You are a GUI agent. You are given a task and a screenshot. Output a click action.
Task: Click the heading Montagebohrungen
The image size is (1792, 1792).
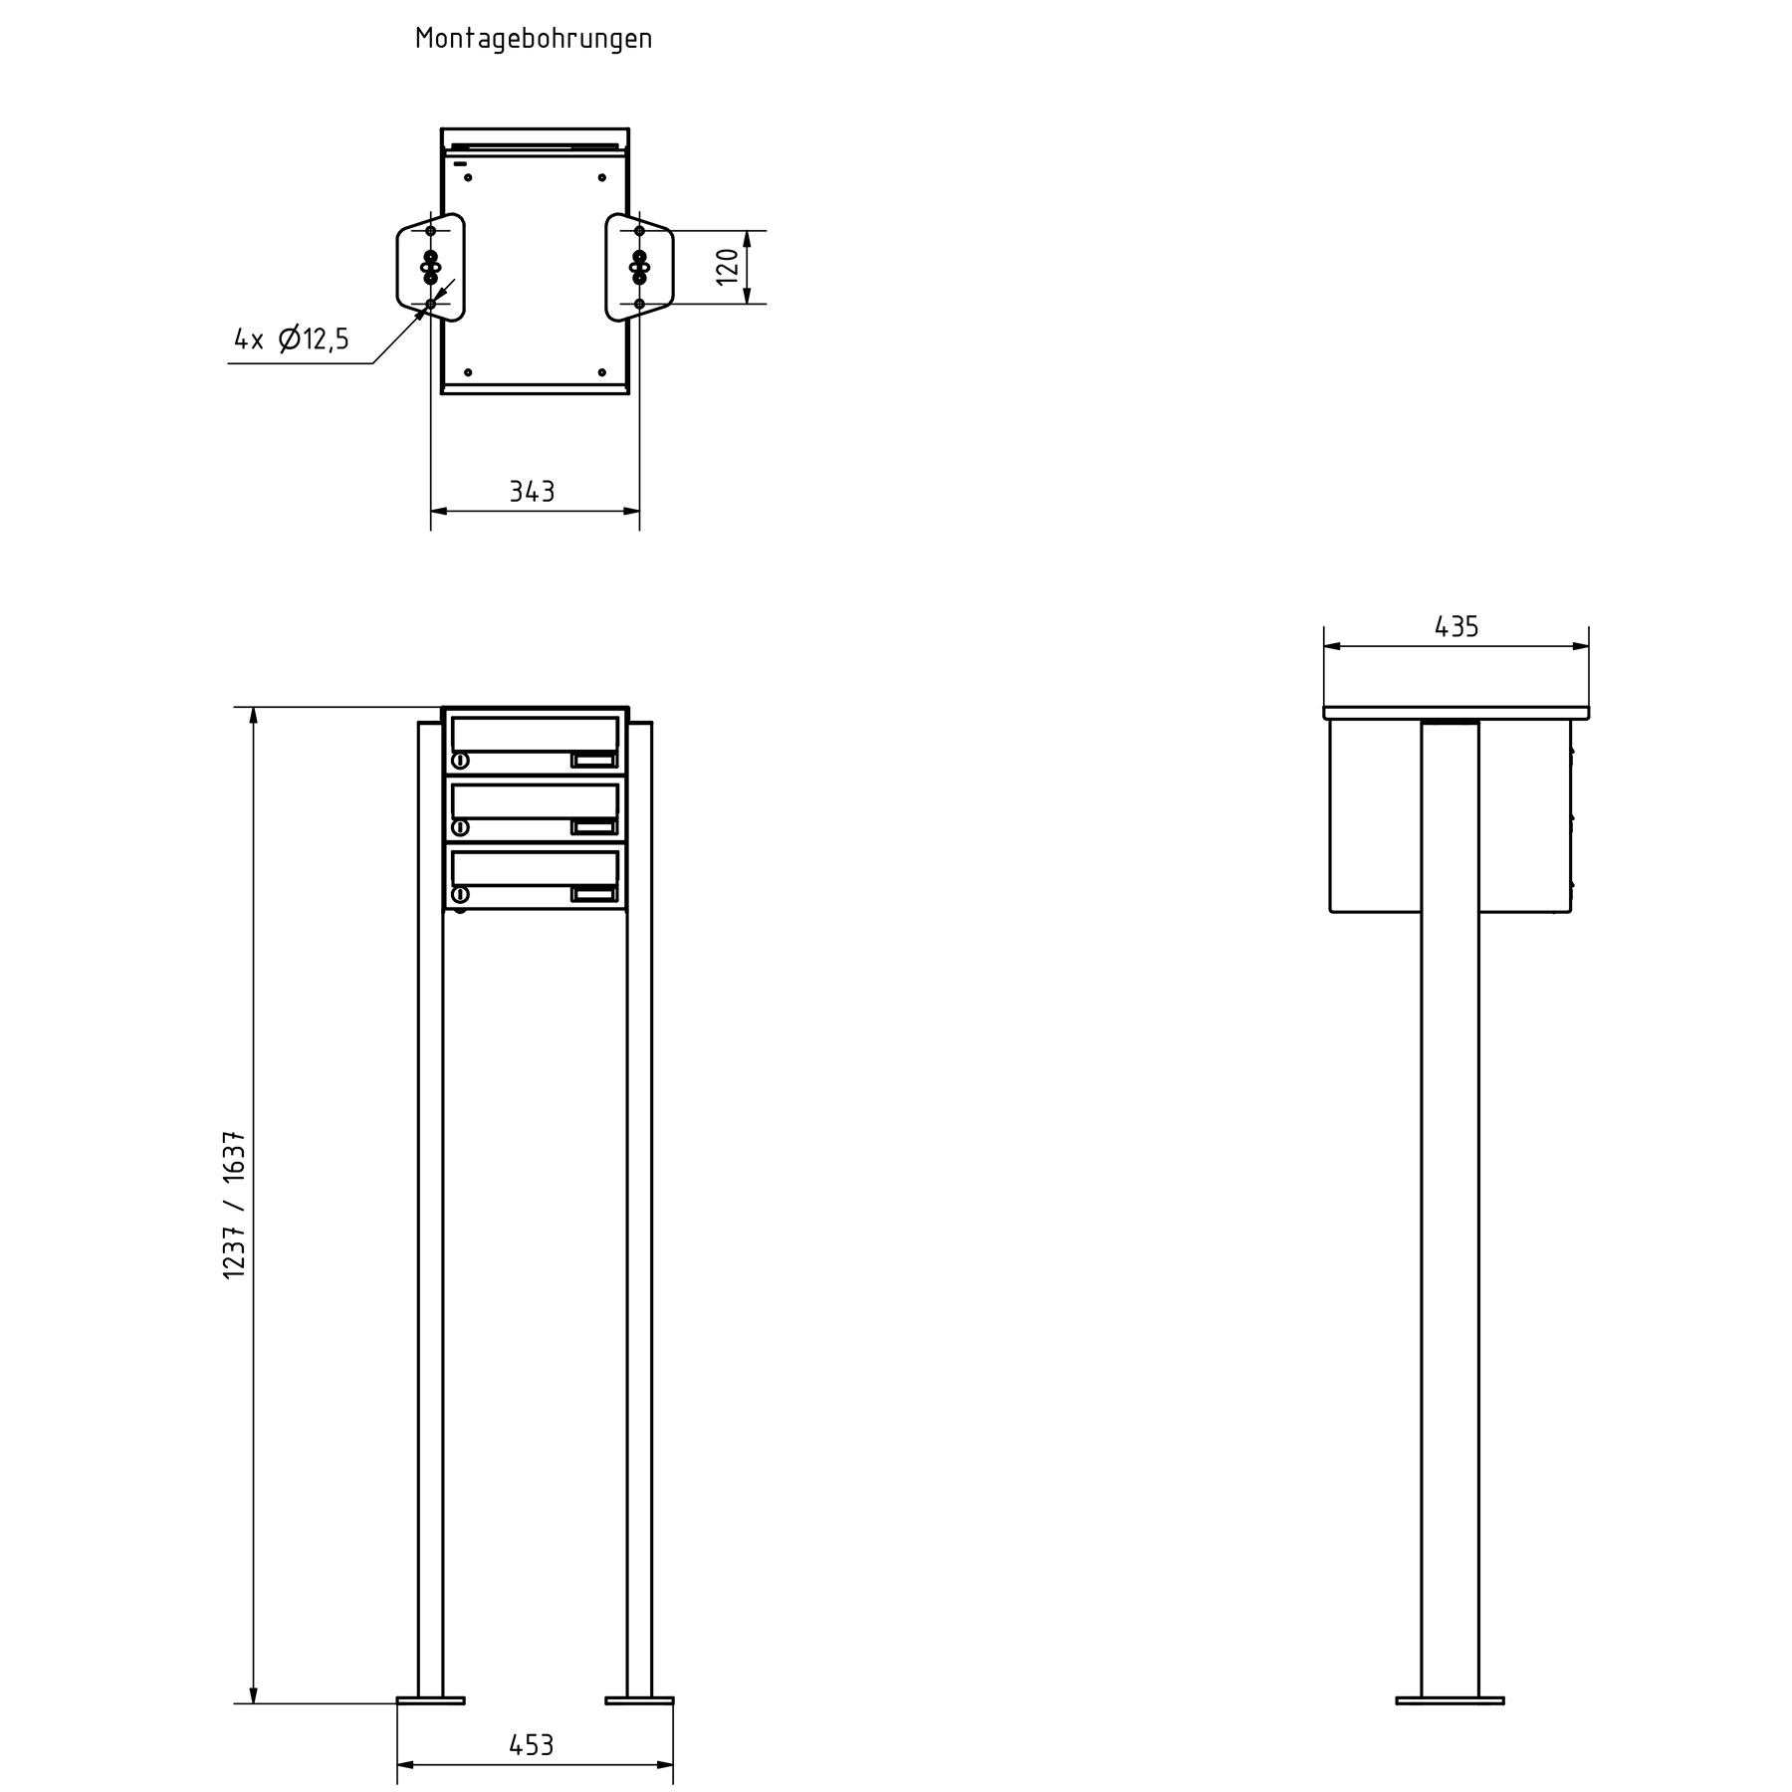point(534,39)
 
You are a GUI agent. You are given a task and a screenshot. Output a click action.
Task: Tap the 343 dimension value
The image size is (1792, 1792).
point(533,491)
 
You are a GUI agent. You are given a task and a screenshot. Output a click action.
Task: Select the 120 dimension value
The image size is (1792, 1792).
point(728,266)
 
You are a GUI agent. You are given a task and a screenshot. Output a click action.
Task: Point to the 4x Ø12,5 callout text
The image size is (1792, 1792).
point(292,339)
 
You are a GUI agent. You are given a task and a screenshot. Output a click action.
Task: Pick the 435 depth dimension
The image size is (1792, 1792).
point(1456,626)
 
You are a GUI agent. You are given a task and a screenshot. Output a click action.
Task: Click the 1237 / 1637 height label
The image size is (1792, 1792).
point(235,1205)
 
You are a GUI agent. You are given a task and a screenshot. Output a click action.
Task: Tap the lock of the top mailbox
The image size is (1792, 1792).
point(461,762)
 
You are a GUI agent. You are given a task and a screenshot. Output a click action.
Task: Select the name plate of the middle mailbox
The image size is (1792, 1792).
point(594,827)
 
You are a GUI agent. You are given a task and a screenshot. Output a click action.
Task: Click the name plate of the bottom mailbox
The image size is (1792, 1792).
point(594,894)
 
